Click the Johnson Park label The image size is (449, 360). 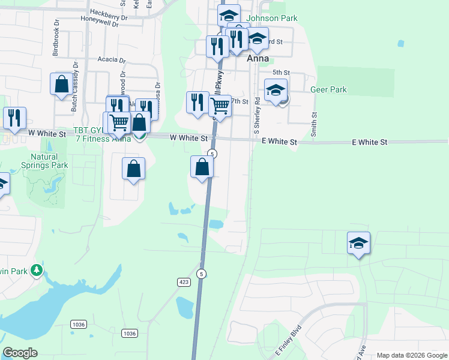click(x=272, y=18)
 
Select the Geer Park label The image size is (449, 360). click(x=329, y=90)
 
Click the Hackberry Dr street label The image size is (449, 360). click(x=109, y=12)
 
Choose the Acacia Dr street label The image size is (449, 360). click(x=112, y=61)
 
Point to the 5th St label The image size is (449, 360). click(x=281, y=73)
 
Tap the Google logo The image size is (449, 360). click(x=20, y=353)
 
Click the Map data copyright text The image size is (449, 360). click(x=412, y=355)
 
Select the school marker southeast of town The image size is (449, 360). click(x=358, y=243)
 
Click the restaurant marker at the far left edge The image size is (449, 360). click(x=14, y=117)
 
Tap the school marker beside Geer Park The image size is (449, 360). click(x=276, y=92)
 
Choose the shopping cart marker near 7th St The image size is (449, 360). click(x=220, y=106)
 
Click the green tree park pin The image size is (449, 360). click(x=37, y=271)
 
